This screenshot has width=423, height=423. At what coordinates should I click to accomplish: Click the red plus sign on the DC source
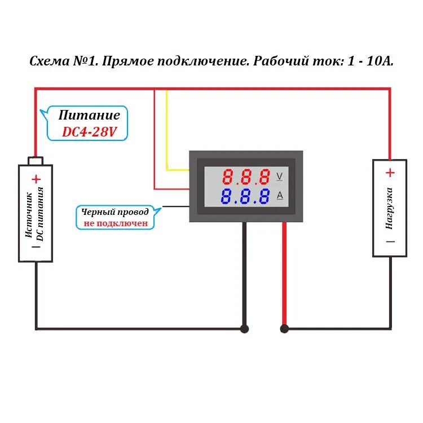click(x=36, y=179)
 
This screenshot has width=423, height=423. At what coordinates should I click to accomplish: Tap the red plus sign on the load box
click(x=390, y=173)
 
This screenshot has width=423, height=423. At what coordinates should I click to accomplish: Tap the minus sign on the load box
click(x=390, y=241)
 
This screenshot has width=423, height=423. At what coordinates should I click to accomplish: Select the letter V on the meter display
click(x=279, y=177)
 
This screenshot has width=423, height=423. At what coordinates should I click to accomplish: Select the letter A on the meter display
click(x=279, y=196)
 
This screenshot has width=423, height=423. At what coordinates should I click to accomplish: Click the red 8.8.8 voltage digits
click(x=246, y=178)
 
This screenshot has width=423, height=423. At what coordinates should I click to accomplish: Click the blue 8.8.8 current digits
click(x=246, y=197)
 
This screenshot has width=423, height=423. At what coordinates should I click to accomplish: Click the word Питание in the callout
click(x=90, y=116)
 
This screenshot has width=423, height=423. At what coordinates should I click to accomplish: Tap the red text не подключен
click(x=116, y=223)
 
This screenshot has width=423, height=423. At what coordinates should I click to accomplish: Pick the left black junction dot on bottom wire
click(x=244, y=329)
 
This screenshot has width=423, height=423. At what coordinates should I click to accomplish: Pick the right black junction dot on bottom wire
click(x=284, y=329)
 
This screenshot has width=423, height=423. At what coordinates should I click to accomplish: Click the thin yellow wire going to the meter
click(x=166, y=130)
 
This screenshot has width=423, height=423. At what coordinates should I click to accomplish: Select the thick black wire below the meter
click(x=244, y=271)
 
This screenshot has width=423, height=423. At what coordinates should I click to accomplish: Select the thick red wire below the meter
click(x=284, y=271)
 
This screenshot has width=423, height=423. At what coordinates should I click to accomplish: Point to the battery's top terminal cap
click(x=36, y=161)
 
